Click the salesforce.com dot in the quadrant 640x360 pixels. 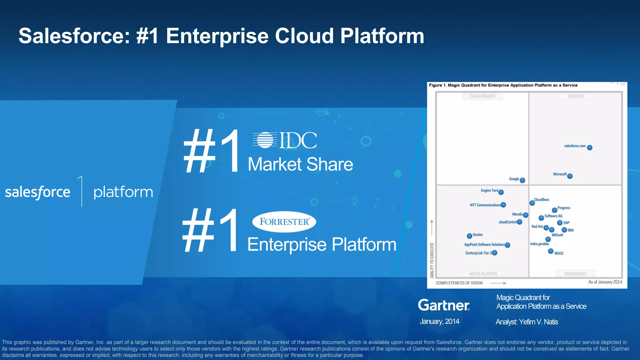589,147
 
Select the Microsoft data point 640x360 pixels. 570,176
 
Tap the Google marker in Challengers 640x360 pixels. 522,180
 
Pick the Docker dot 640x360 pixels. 469,236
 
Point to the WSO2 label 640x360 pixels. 559,253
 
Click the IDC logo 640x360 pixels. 285,140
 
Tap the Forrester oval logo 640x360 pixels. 284,222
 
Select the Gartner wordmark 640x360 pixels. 444,305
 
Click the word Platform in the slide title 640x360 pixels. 382,36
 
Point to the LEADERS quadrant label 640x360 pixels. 575,96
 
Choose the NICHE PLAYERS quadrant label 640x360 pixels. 483,274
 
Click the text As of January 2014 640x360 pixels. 605,282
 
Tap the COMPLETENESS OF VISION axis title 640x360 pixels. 459,283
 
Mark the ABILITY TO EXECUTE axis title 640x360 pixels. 432,260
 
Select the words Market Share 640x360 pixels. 300,164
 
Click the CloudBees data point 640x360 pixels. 532,203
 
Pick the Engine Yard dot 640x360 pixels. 501,192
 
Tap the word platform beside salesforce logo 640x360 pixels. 123,192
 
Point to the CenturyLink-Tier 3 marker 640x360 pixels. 494,253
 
